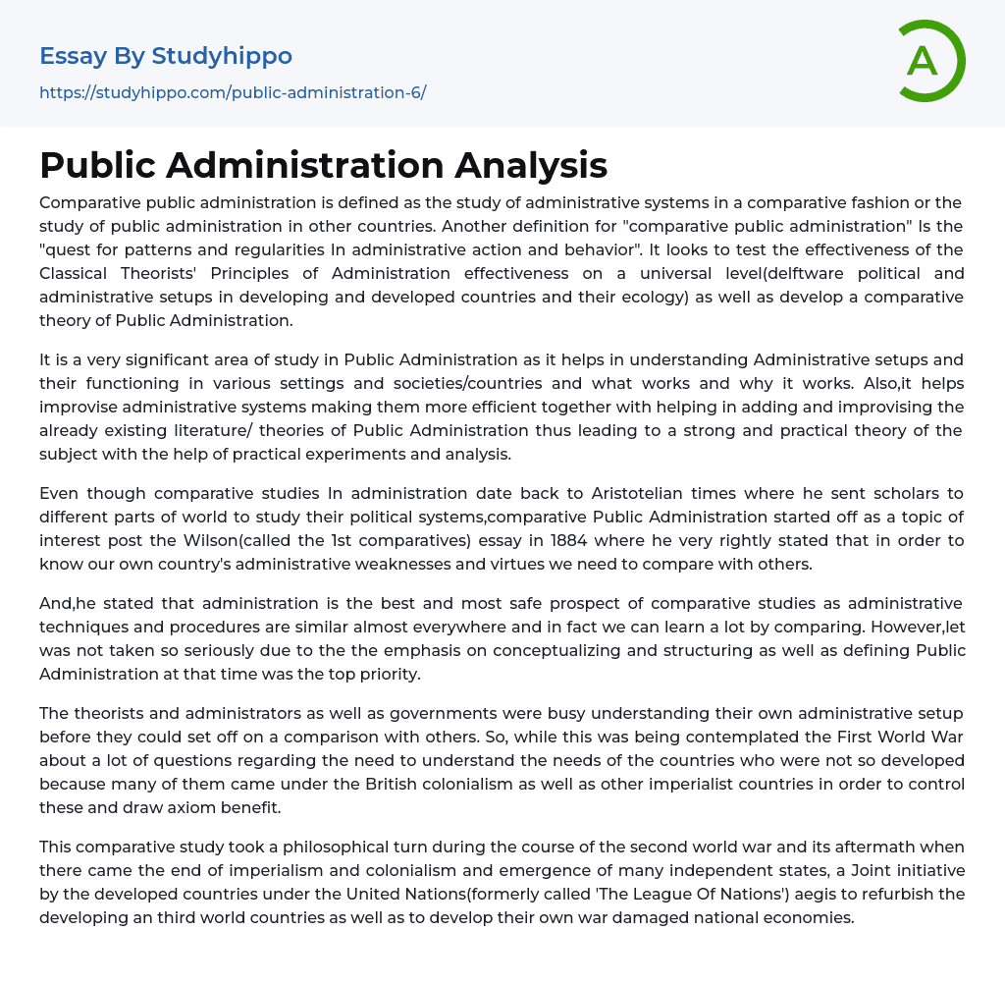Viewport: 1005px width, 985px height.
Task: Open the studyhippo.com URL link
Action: click(233, 92)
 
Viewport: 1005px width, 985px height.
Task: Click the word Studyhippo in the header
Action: click(222, 56)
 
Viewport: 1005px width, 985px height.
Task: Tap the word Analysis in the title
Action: click(531, 165)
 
